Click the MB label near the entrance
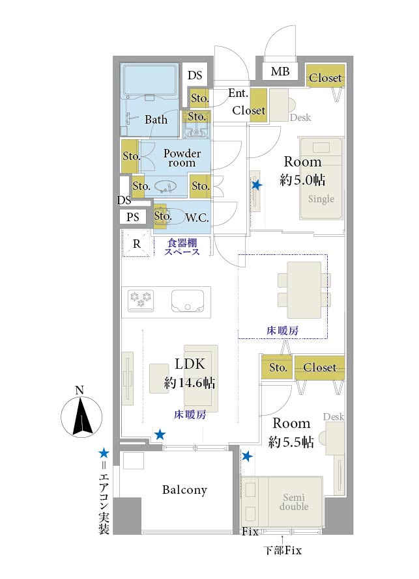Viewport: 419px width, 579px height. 280,72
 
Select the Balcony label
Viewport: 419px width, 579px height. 184,490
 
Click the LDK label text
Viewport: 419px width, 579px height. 190,364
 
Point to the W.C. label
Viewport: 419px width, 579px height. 197,218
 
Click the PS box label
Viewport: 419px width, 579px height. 132,217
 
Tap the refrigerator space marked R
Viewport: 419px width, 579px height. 137,243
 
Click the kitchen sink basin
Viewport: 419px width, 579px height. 188,301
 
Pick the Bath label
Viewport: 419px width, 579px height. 156,120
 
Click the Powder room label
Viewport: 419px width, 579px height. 182,158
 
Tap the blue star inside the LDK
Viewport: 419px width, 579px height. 160,435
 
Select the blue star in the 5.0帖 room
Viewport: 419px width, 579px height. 257,185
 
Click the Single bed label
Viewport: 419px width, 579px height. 321,199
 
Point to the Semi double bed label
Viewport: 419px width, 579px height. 294,502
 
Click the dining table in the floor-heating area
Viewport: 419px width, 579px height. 304,290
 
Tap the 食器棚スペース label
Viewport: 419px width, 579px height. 182,247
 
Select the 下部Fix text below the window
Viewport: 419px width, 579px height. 283,550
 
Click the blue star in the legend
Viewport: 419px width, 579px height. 104,453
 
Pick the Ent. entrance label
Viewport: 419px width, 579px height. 238,93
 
